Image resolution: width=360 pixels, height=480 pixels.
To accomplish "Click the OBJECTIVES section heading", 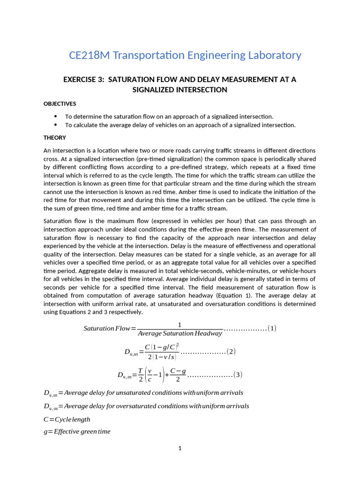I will pos(60,104).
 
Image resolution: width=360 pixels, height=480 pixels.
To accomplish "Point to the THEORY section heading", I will pos(55,137).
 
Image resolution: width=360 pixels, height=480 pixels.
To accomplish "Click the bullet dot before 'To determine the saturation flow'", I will pos(56,116).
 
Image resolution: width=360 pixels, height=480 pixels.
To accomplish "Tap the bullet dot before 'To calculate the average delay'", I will pos(56,125).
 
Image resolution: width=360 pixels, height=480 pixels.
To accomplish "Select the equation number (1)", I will pos(272,328).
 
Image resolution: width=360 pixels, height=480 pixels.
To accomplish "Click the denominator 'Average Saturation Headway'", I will pos(180,333).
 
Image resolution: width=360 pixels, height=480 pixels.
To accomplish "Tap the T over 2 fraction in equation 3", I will pos(140,375).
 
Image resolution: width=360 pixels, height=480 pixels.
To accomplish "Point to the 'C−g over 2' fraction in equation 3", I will pos(178,375).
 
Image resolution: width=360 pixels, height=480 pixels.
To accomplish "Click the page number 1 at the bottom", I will pos(180,448).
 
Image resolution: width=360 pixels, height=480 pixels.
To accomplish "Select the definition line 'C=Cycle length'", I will pos(67,419).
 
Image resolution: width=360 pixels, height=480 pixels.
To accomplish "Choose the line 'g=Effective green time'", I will pos(77,431).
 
